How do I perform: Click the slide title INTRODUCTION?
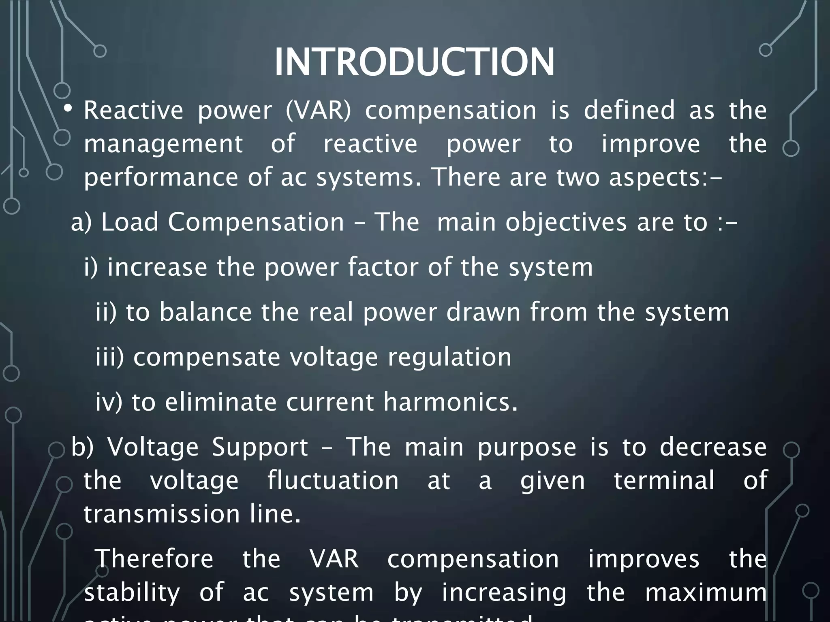coord(414,62)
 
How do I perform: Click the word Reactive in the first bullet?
coord(133,110)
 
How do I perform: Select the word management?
coord(163,145)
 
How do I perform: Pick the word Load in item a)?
coord(130,222)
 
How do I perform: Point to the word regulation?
coord(449,358)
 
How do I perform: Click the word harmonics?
coord(450,402)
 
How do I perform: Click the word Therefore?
coord(154,559)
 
